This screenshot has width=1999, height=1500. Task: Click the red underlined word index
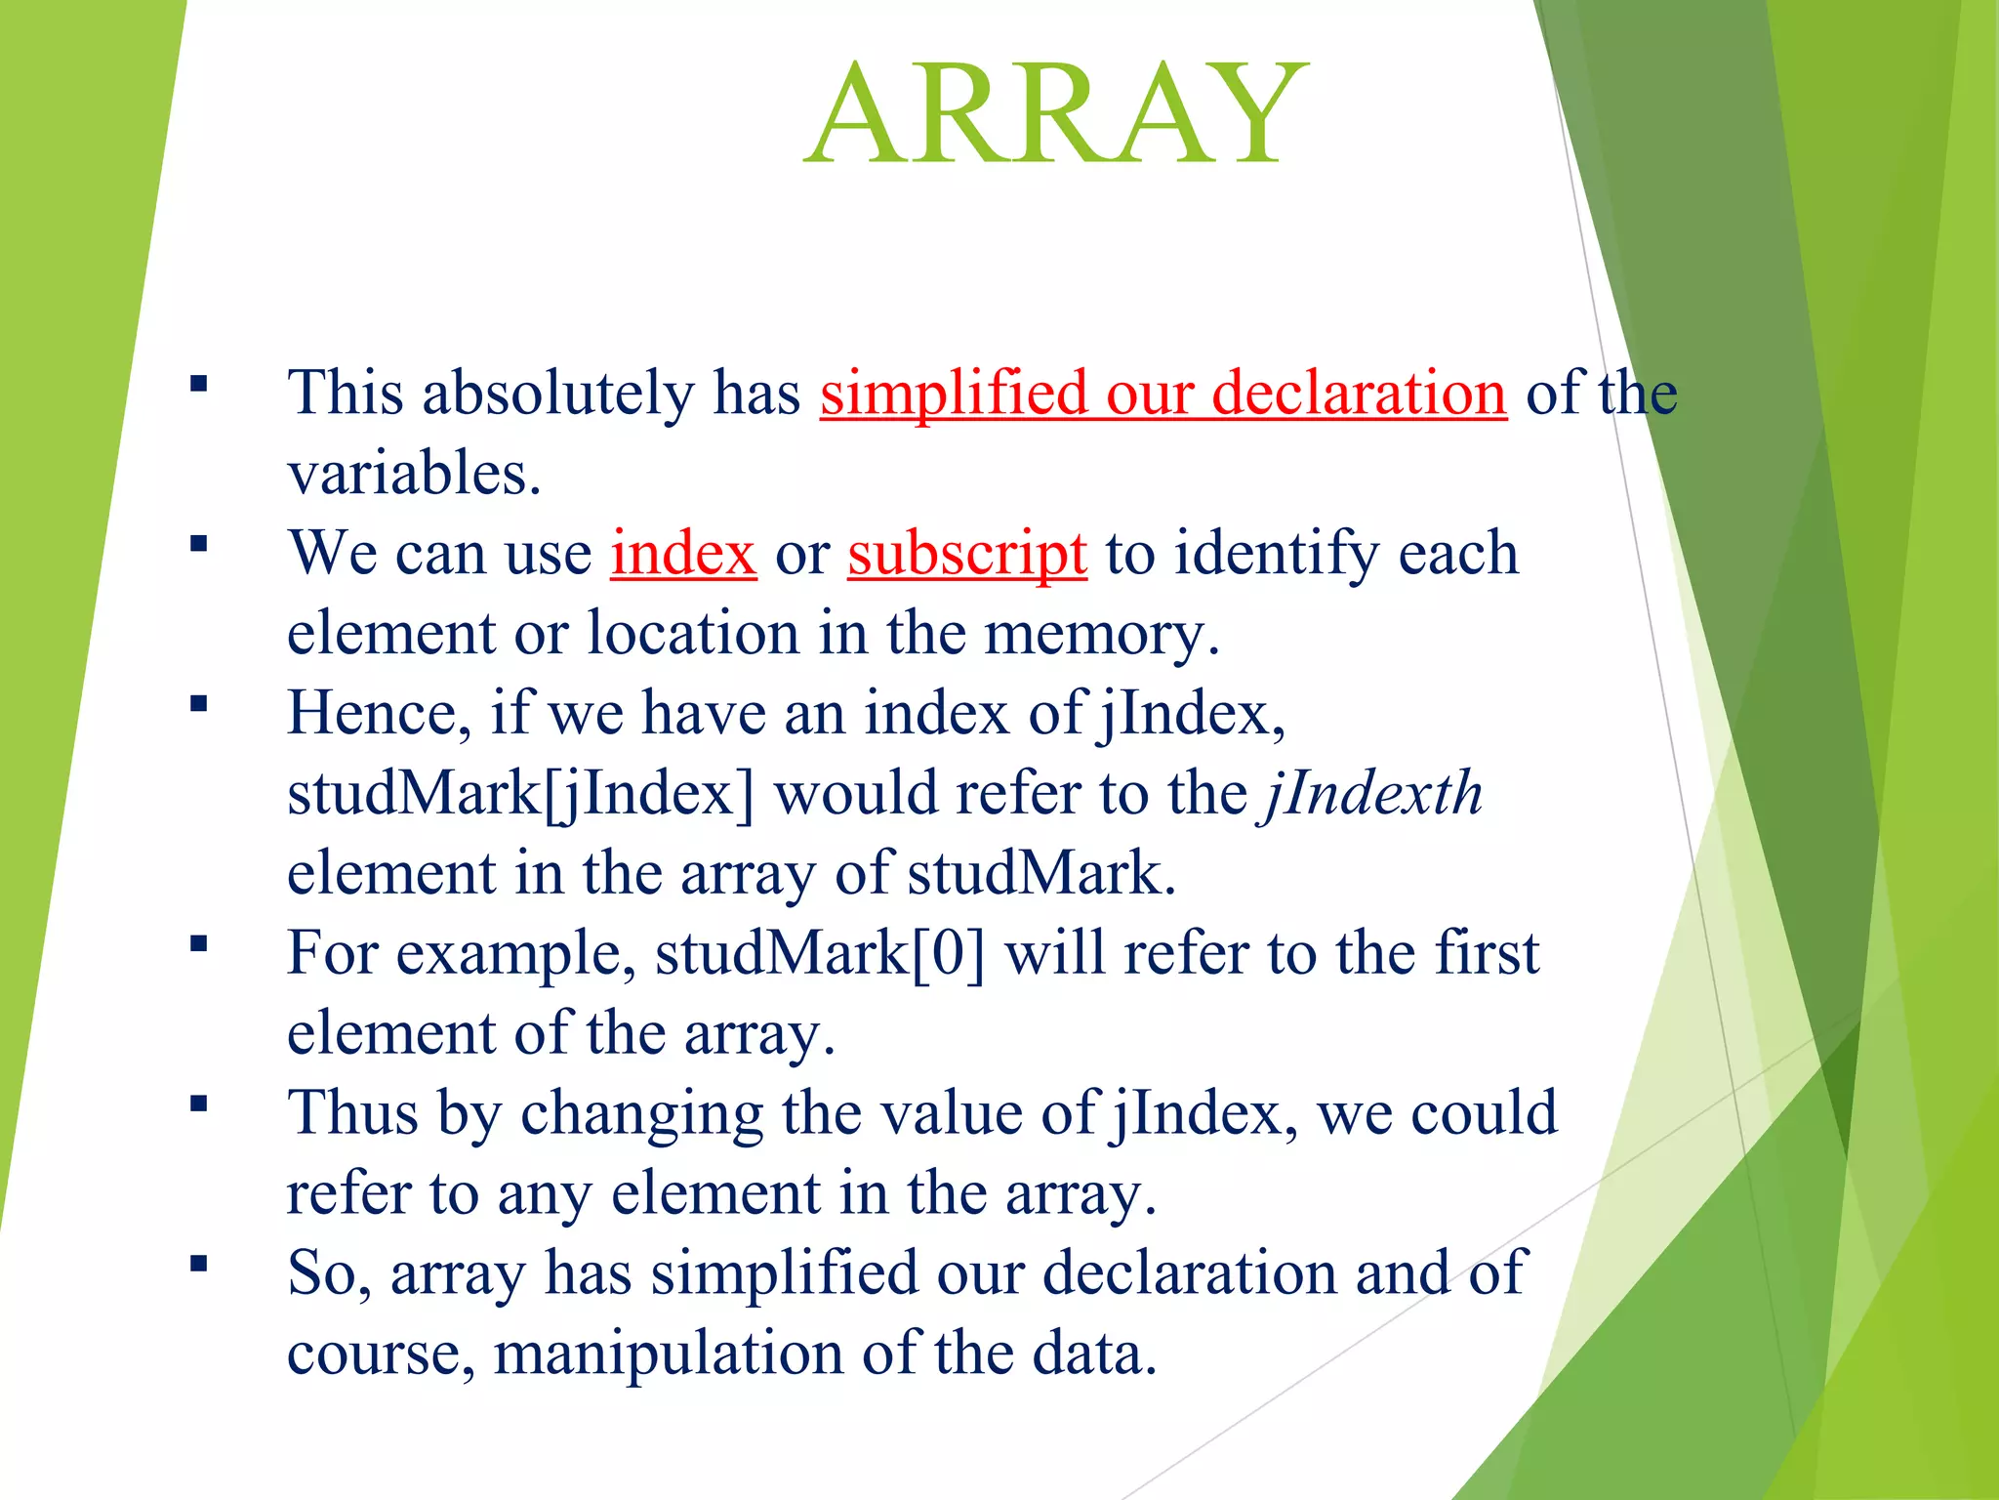click(x=683, y=554)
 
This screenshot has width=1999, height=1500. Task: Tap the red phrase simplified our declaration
click(x=1163, y=394)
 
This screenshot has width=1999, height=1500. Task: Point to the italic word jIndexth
click(x=1371, y=793)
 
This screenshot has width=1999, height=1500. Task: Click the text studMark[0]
click(x=820, y=953)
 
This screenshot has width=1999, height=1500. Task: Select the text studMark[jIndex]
click(x=520, y=793)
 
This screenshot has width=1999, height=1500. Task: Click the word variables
click(x=413, y=474)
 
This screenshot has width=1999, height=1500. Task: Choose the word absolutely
click(x=557, y=394)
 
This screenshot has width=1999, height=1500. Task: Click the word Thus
click(x=352, y=1113)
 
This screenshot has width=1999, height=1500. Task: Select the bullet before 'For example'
click(x=199, y=943)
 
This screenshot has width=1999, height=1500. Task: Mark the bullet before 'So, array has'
click(x=199, y=1264)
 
